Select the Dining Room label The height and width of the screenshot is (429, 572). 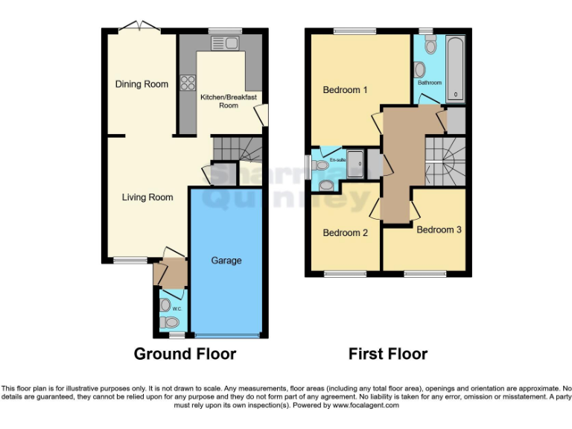click(x=142, y=84)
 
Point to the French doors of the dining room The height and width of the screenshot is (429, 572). click(x=139, y=28)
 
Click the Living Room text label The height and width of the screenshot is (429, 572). click(x=147, y=197)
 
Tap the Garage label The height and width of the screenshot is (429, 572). click(x=226, y=261)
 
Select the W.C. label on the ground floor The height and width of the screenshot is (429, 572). click(x=177, y=308)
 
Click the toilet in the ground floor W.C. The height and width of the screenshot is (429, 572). click(x=171, y=322)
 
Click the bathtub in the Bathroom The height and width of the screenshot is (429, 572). click(x=454, y=69)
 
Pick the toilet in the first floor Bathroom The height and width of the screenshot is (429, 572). click(x=430, y=45)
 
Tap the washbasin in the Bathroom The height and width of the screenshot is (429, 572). click(x=419, y=70)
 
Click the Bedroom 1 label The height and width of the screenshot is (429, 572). click(x=345, y=90)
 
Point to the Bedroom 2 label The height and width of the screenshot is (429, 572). click(x=345, y=233)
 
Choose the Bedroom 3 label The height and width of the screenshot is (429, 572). click(x=439, y=229)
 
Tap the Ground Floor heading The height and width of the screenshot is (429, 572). click(x=185, y=354)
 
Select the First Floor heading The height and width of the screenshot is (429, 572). click(x=388, y=354)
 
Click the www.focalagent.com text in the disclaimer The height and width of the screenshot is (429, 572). click(x=369, y=407)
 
